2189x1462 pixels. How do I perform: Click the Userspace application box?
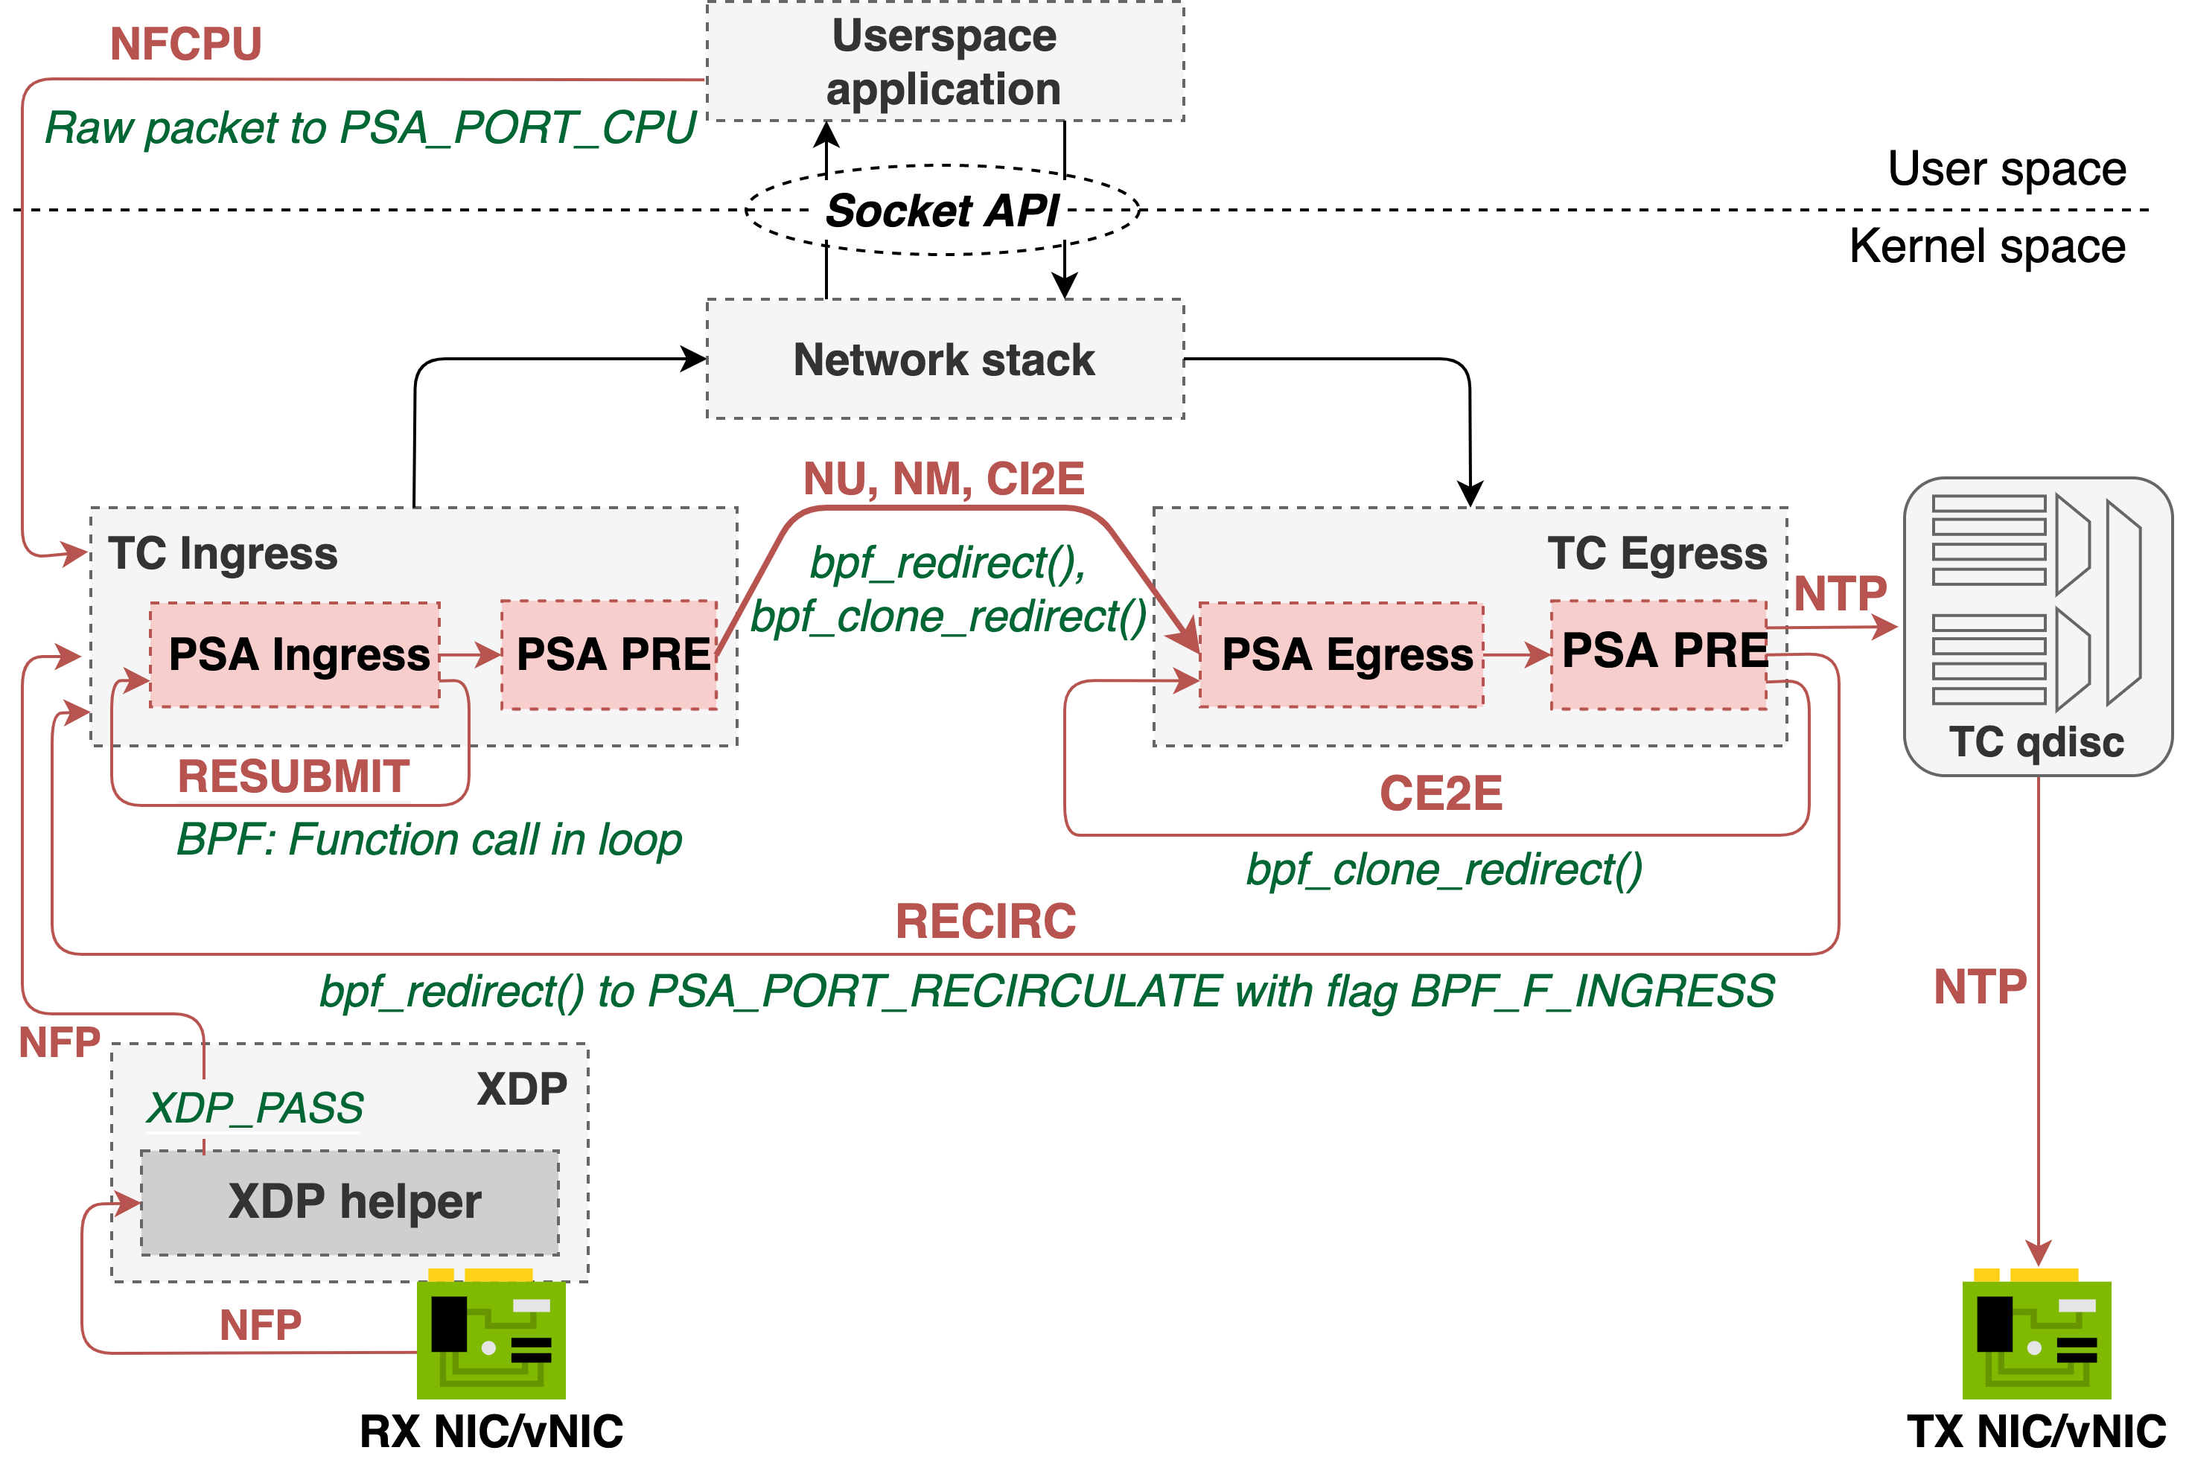(x=945, y=62)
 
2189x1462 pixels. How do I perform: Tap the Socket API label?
(x=939, y=211)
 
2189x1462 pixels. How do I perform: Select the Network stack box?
(x=945, y=359)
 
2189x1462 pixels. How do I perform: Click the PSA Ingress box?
(x=295, y=654)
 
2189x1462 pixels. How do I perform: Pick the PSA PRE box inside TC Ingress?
(x=609, y=654)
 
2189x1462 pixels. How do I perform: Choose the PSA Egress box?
(x=1341, y=654)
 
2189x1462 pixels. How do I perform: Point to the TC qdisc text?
(x=2036, y=743)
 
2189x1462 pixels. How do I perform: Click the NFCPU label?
(x=185, y=44)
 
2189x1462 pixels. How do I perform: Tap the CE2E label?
(x=1441, y=794)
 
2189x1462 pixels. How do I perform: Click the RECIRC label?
(x=986, y=922)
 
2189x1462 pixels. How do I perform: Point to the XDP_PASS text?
(x=255, y=1108)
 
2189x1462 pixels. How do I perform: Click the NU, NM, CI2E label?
(x=943, y=480)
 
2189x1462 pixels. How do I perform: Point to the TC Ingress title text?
(x=223, y=554)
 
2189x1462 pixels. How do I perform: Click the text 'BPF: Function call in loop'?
(x=429, y=840)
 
